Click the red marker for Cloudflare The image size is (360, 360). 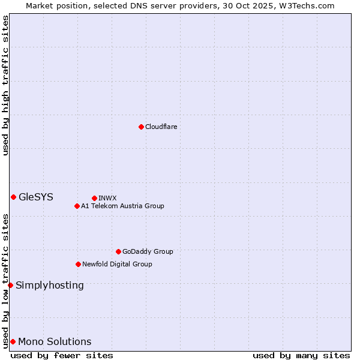141,127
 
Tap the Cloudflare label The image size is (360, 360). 161,127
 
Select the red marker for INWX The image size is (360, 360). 94,198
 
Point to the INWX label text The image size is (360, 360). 107,198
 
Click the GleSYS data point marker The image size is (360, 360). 13,197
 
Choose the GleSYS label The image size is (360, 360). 36,197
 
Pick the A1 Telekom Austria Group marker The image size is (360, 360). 77,206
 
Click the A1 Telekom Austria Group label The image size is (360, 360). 122,206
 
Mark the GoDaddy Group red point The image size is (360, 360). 118,251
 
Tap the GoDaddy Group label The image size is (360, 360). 148,251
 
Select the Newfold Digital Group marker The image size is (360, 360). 78,264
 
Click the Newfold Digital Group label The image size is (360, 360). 117,264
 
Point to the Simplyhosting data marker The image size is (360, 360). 10,285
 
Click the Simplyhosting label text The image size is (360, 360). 50,285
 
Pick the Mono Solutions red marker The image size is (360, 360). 13,341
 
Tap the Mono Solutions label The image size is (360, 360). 55,342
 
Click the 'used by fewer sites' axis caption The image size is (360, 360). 62,355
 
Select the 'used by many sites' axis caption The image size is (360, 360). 301,355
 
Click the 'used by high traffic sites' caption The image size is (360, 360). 5,86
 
